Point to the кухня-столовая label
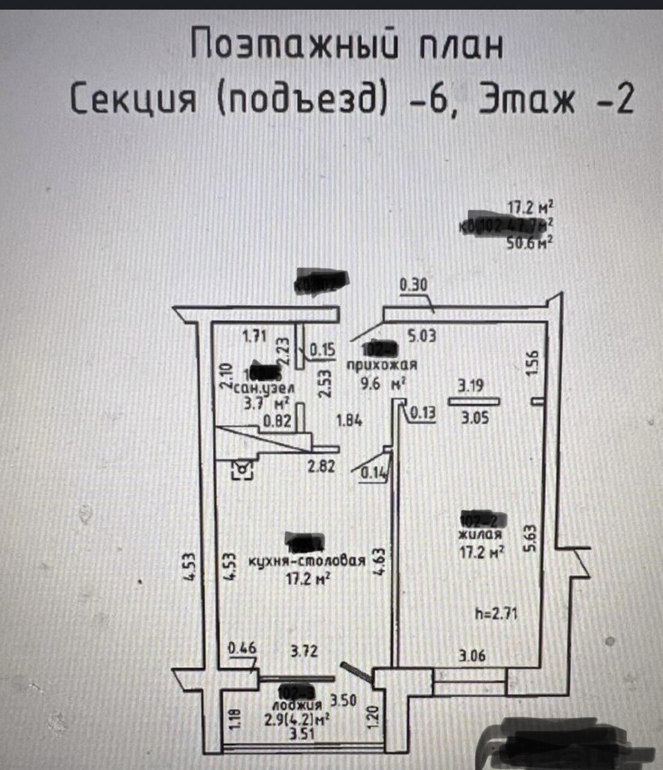click(307, 562)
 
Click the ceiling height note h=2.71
click(496, 614)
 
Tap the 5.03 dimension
click(422, 336)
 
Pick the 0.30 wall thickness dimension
click(414, 285)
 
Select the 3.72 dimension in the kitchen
click(303, 651)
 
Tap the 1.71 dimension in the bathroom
click(254, 336)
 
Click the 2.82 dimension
click(322, 466)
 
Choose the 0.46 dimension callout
click(242, 648)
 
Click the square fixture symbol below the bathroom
click(243, 469)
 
